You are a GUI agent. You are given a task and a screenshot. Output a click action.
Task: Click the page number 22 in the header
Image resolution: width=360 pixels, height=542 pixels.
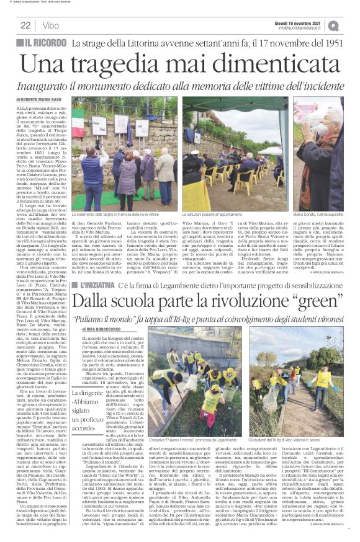[25, 25]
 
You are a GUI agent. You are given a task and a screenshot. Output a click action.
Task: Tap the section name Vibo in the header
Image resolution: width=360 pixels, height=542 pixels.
[51, 25]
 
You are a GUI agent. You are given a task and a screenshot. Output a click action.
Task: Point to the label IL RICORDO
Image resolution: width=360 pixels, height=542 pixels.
[46, 42]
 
